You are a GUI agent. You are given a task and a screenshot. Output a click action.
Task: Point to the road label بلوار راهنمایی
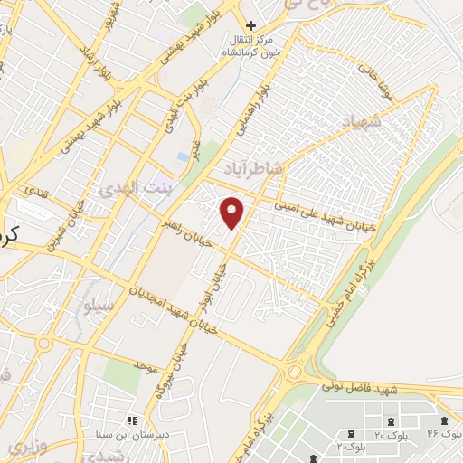pos(256,108)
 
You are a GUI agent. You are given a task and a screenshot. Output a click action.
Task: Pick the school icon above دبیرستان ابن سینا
pos(132,421)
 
